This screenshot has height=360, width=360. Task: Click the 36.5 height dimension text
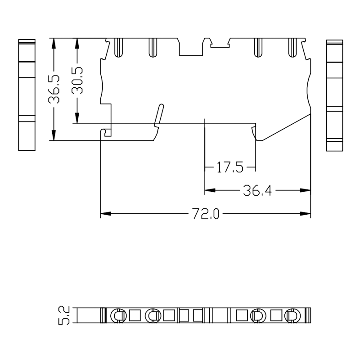(54, 90)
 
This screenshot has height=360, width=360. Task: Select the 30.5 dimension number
(77, 80)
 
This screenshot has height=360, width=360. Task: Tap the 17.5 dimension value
(230, 168)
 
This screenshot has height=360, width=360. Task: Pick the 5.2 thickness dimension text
(64, 315)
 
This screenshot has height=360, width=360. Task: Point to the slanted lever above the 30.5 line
(158, 114)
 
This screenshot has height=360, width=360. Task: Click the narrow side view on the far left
(27, 95)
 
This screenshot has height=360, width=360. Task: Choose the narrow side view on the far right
(334, 95)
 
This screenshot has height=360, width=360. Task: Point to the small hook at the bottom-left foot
(106, 132)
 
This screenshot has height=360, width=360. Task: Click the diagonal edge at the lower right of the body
(286, 127)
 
